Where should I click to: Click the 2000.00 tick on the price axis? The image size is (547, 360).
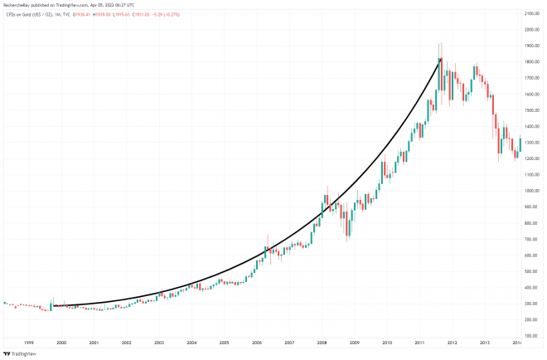pos(533,31)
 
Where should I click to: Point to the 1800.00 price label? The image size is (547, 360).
pos(533,63)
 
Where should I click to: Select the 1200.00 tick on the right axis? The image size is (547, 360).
pos(533,159)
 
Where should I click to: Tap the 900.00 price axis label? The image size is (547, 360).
pos(533,207)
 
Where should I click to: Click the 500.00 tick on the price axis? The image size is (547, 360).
pos(533,271)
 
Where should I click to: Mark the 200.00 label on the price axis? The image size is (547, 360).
pos(533,319)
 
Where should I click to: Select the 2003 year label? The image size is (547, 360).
pos(159,342)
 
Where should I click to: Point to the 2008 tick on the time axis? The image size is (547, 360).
pos(322,342)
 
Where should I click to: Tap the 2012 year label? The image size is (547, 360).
pos(453,342)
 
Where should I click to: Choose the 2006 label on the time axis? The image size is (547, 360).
pos(257,342)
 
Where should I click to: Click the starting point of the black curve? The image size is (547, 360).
pos(54,306)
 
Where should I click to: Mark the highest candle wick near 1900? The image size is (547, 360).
pos(441,43)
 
